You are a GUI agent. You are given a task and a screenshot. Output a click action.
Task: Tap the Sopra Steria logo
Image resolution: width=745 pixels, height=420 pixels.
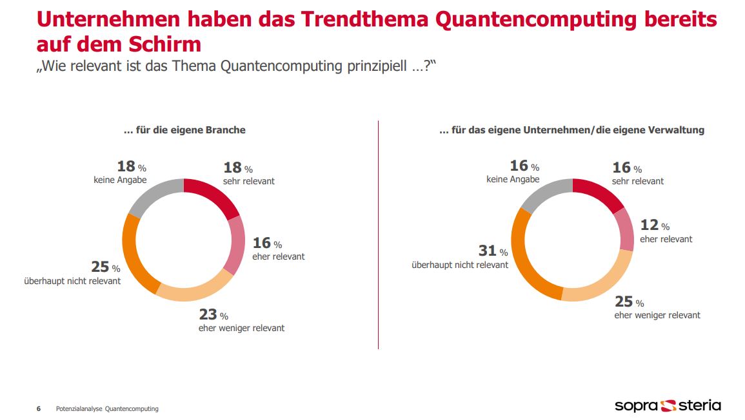point(668,405)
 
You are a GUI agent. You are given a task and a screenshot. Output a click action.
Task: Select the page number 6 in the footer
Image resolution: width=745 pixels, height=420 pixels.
point(39,408)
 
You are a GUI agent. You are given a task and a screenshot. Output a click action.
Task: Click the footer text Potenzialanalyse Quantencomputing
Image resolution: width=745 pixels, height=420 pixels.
point(107,408)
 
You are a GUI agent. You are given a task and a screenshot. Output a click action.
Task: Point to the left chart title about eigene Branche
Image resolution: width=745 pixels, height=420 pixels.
point(184,130)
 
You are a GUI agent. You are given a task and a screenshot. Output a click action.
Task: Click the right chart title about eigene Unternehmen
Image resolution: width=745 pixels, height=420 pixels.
point(571,130)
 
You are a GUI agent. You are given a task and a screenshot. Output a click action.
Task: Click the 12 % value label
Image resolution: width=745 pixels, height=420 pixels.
point(654,225)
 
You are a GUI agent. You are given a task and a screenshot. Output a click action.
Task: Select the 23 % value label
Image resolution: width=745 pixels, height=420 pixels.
point(214,315)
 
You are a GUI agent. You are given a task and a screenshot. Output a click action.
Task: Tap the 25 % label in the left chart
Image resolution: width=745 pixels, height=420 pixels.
point(105,267)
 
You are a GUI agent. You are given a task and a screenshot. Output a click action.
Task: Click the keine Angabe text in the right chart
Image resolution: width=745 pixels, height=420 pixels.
point(513,180)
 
